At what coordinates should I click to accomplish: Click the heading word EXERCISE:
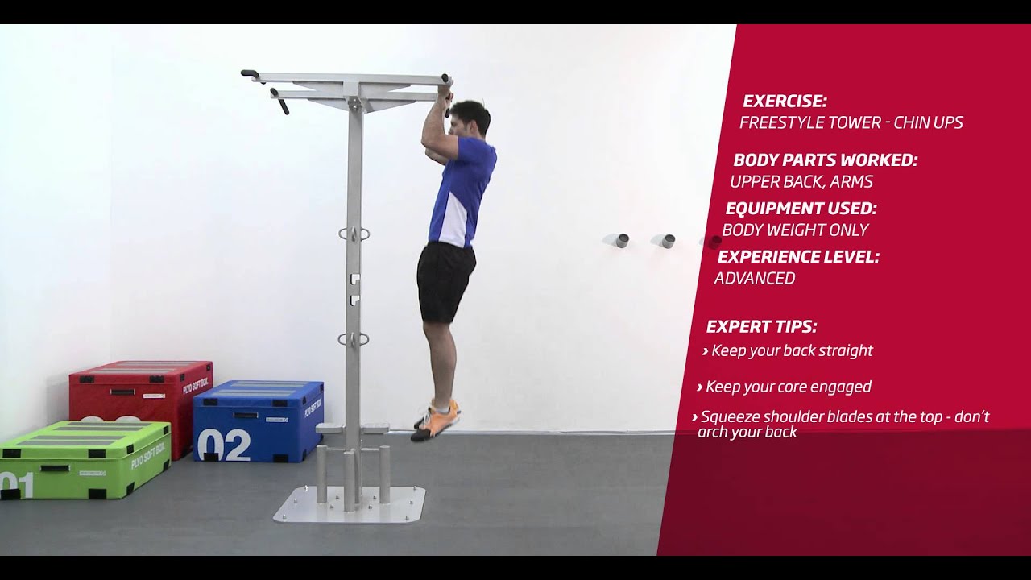point(785,101)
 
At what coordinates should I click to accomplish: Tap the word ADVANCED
point(754,279)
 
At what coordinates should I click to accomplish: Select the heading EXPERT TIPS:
point(761,327)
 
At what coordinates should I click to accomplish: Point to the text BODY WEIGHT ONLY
point(795,230)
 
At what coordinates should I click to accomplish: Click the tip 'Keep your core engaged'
point(788,387)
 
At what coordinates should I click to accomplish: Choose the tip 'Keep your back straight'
point(792,350)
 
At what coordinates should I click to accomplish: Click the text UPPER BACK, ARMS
point(801,182)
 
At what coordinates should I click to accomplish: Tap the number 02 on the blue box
point(223,444)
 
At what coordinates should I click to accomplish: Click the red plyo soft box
point(141,395)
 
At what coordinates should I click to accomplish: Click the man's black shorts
point(444,280)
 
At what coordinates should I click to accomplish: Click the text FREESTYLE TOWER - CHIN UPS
point(851,123)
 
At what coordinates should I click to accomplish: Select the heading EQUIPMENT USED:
point(801,209)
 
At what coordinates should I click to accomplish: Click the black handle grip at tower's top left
point(251,75)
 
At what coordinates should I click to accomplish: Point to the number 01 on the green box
point(17,485)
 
